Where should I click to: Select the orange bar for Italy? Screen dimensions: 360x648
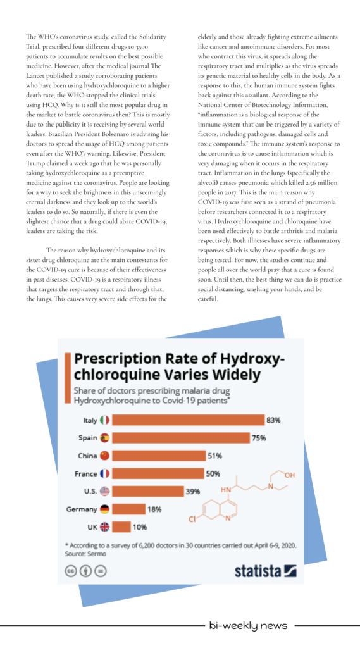tap(188, 420)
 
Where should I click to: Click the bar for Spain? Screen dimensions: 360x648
tap(181, 438)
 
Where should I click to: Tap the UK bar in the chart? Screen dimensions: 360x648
tap(121, 527)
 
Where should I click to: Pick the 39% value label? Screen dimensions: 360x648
tap(192, 491)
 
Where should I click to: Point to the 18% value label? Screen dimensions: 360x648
tap(154, 509)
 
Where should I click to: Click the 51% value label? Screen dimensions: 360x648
tap(214, 456)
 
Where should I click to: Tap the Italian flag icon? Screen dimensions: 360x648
tap(104, 420)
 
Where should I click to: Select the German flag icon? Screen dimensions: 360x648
tap(104, 509)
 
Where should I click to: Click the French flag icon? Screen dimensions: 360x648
tap(104, 473)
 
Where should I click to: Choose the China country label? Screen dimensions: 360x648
tap(87, 456)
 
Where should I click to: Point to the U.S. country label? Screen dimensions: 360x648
tap(90, 491)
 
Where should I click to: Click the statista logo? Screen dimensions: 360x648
tap(265, 571)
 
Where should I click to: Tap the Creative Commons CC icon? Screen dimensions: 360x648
tap(71, 571)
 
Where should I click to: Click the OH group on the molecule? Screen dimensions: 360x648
tap(289, 475)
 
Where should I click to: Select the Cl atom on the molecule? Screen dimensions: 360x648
tap(192, 520)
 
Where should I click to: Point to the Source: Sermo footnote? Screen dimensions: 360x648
tap(85, 553)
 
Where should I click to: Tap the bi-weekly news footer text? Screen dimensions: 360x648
tap(248, 625)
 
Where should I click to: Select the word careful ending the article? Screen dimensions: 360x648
tap(208, 299)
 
